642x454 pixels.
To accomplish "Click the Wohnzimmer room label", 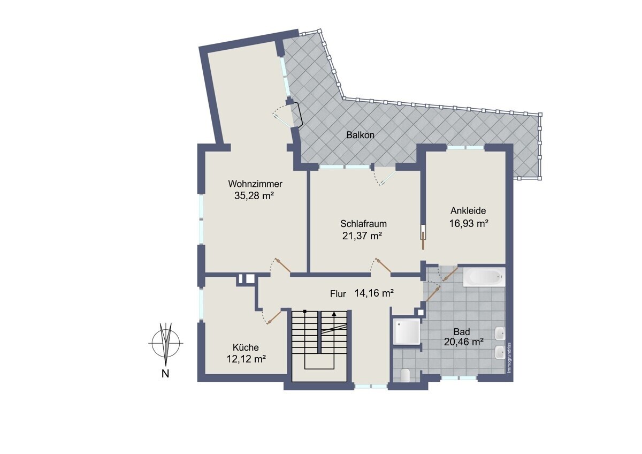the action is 255,184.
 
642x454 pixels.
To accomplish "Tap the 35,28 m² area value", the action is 254,195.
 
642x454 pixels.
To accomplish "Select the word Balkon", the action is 360,135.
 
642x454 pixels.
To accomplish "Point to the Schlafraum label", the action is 363,223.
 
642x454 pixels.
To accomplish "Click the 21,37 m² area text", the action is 362,236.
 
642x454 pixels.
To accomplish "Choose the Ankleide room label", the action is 468,211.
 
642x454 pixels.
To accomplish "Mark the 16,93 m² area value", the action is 469,223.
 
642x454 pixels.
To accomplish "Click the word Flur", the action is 338,294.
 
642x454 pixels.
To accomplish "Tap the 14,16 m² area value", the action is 374,293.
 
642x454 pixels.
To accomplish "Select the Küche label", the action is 246,347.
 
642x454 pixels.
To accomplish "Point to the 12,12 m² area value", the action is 247,359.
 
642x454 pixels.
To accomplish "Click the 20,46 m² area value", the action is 464,342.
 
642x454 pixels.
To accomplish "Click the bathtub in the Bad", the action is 484,277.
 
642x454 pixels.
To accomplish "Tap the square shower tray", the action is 407,331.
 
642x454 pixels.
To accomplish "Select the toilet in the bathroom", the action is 405,375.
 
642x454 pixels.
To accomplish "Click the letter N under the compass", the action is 165,374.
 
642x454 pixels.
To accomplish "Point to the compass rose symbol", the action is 166,343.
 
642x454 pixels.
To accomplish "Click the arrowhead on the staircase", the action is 334,314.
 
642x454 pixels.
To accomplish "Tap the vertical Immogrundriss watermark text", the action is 509,358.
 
